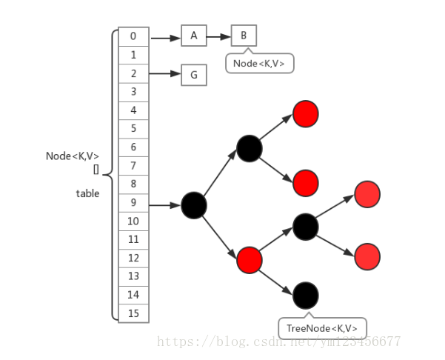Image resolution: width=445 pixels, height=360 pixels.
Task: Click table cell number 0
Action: click(133, 36)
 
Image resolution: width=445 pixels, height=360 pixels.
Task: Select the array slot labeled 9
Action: click(133, 202)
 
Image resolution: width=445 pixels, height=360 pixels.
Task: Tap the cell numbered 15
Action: click(133, 313)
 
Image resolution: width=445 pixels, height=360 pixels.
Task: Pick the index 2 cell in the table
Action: click(133, 73)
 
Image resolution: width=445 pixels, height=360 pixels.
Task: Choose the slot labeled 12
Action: click(133, 258)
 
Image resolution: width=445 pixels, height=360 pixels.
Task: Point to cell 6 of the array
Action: click(133, 147)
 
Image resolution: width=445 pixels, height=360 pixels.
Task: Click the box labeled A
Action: click(193, 36)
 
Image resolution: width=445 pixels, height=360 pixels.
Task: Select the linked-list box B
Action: click(244, 36)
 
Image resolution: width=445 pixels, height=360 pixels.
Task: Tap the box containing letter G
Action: click(193, 74)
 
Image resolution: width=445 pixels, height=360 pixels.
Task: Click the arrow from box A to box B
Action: click(218, 36)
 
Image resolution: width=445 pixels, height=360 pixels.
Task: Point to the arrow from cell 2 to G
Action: click(165, 74)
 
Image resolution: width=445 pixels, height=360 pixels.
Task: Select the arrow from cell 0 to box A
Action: click(165, 36)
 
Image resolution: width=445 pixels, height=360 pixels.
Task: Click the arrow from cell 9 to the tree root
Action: click(164, 204)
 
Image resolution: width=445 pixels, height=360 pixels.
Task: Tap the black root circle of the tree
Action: click(193, 204)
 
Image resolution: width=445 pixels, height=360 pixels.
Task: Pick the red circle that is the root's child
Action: click(250, 259)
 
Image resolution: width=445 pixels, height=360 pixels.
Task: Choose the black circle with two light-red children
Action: click(306, 226)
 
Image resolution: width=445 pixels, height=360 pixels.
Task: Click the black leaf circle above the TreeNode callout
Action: click(306, 295)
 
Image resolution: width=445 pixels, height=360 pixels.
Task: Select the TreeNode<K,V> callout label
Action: click(322, 328)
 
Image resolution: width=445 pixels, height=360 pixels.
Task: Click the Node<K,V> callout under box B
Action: click(260, 64)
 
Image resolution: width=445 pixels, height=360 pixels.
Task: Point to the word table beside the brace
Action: click(87, 193)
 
